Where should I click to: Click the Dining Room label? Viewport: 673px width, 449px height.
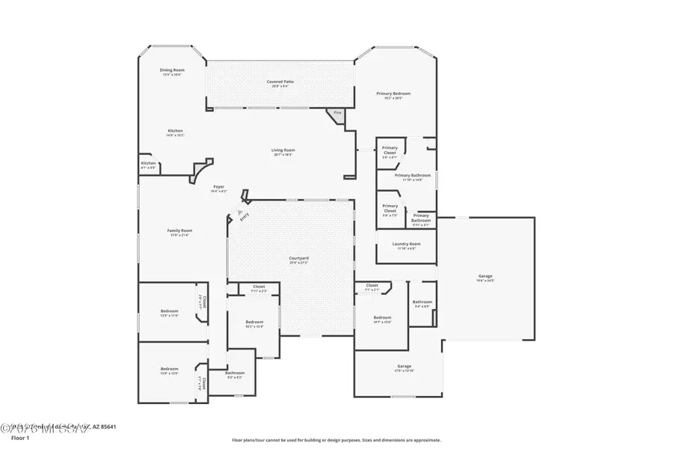click(x=172, y=70)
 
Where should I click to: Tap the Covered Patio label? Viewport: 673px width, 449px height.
click(x=280, y=81)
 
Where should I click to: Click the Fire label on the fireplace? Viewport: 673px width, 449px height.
click(x=337, y=113)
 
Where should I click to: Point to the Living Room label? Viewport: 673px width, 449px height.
click(x=283, y=150)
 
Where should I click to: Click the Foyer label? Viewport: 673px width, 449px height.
click(x=218, y=186)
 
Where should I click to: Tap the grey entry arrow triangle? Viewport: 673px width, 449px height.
click(x=240, y=213)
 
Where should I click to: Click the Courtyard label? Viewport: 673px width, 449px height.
click(x=299, y=258)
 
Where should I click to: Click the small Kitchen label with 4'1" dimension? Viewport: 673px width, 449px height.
click(x=149, y=163)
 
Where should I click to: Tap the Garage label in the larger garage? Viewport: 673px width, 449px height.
click(x=485, y=276)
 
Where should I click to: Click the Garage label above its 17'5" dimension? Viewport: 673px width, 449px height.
click(x=404, y=366)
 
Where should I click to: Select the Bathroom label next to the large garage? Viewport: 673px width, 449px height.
click(x=422, y=302)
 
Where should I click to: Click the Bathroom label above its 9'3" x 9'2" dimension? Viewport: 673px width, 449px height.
click(x=235, y=373)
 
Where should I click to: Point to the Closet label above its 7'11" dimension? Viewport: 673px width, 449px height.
click(x=259, y=287)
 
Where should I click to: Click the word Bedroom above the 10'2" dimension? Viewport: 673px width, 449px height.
click(x=254, y=322)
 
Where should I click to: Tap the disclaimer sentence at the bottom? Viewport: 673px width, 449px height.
click(x=336, y=440)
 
